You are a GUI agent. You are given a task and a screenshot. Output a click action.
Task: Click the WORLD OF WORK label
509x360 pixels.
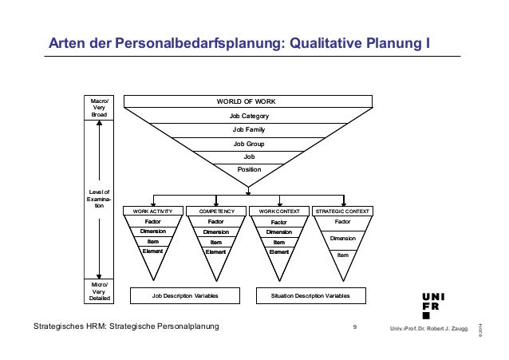point(247,102)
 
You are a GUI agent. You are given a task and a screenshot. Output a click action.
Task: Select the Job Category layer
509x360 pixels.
point(249,116)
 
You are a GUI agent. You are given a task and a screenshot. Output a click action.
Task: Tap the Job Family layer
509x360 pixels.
point(249,129)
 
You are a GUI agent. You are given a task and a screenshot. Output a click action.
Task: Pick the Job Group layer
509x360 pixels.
point(249,144)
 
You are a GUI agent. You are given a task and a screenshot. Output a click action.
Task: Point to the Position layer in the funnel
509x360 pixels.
point(249,170)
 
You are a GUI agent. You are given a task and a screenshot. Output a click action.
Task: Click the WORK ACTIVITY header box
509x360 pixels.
point(153,211)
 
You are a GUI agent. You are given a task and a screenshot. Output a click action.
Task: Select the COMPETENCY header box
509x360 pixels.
point(215,211)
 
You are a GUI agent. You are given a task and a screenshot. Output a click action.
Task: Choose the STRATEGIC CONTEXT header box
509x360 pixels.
point(342,211)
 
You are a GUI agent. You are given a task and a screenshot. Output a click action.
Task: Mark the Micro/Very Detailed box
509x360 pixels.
point(100,291)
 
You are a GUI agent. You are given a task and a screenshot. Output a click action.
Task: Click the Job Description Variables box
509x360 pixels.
point(184,295)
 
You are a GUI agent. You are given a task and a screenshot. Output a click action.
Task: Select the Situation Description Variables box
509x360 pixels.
point(310,295)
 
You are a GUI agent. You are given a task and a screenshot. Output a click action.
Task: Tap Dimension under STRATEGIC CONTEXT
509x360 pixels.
point(342,238)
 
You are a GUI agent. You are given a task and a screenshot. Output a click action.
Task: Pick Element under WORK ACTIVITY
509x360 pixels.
point(152,251)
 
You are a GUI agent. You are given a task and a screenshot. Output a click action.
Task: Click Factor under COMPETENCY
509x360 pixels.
point(215,222)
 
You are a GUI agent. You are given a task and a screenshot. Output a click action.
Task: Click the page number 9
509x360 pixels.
point(354,327)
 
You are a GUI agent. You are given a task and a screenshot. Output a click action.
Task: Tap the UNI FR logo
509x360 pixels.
point(434,304)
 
